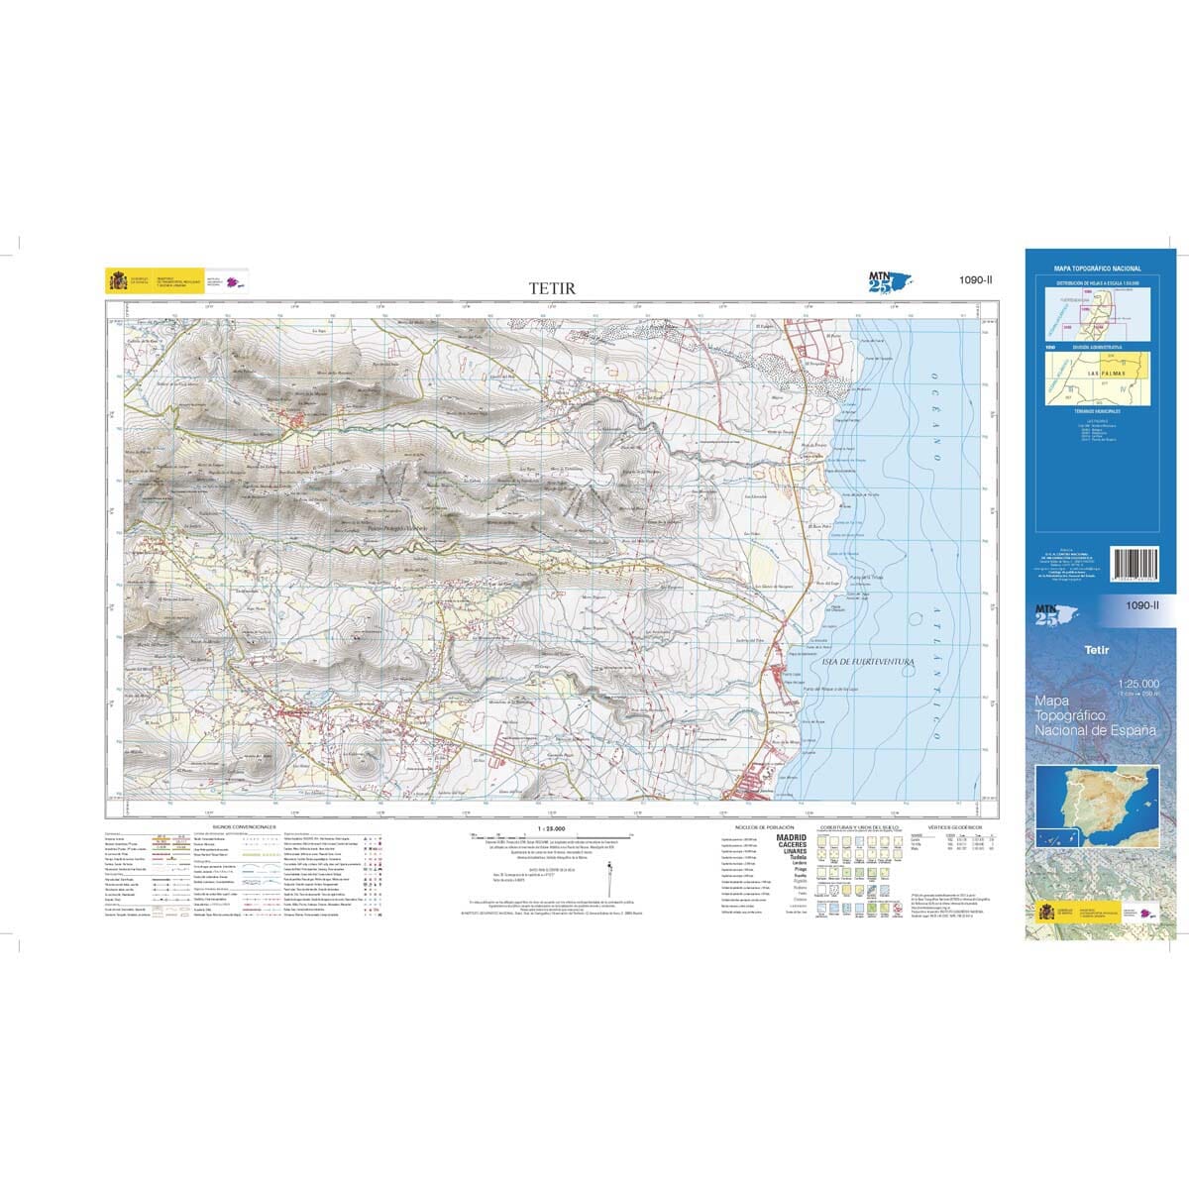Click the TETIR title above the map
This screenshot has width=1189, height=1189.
click(x=550, y=288)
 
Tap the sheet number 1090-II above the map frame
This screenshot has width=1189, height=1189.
click(x=976, y=280)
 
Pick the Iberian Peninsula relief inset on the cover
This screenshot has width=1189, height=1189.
click(x=1097, y=799)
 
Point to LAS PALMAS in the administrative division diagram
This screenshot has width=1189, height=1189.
click(x=1107, y=373)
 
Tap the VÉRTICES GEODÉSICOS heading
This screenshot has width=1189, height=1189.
click(x=954, y=825)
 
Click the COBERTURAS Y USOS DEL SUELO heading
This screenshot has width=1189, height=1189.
click(x=859, y=825)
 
